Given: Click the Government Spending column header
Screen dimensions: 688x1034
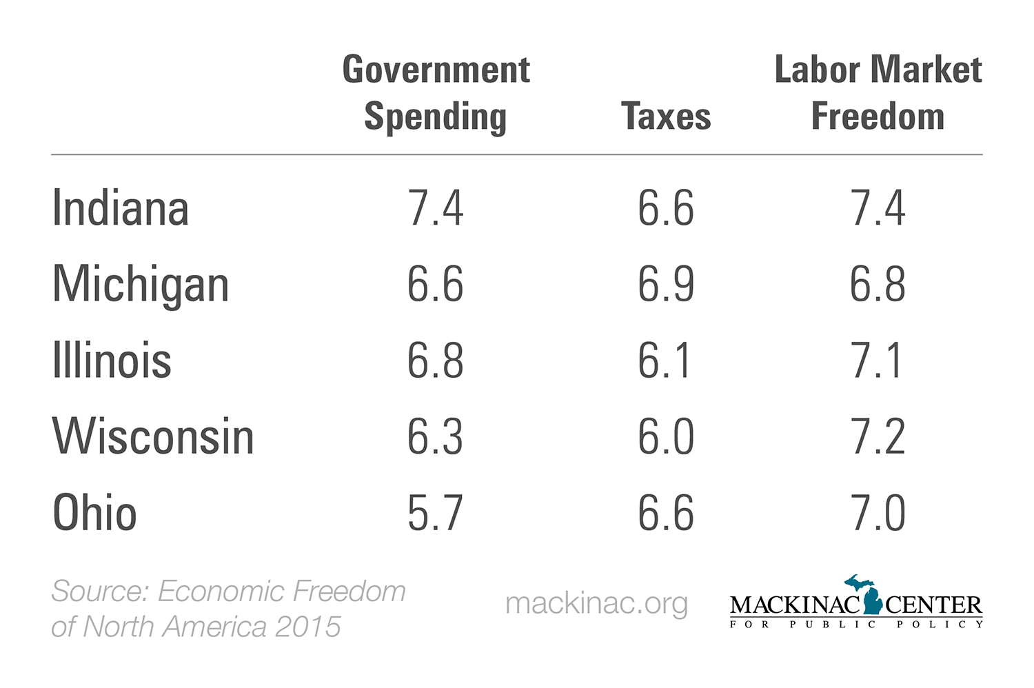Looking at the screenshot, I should (436, 92).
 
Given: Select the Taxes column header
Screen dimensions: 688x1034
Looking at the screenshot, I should (666, 116).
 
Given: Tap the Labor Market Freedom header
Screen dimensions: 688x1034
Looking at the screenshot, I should (878, 92).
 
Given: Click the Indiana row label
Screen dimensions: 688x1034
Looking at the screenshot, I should (121, 208).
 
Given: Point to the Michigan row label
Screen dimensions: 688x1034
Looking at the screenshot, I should (141, 285).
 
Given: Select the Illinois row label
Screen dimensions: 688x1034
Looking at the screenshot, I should (112, 361).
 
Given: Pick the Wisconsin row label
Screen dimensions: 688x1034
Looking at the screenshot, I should (153, 436).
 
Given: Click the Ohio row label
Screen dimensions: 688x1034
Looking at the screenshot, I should (94, 513).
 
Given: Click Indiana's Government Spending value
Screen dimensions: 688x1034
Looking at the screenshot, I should (436, 208).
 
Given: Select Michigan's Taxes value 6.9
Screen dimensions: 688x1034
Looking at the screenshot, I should (666, 284).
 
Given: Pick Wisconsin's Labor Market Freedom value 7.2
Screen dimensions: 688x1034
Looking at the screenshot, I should (878, 436).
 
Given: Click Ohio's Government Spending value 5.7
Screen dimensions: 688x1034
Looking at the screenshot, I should (435, 513).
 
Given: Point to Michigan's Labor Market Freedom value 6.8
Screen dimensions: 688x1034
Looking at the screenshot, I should (878, 284).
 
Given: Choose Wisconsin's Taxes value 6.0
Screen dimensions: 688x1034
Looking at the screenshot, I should (666, 436).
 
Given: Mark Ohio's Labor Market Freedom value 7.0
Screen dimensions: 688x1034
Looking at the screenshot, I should (878, 513).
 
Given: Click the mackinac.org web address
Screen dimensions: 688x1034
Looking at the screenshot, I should (596, 603).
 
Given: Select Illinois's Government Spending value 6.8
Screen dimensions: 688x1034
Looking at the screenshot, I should (436, 361).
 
